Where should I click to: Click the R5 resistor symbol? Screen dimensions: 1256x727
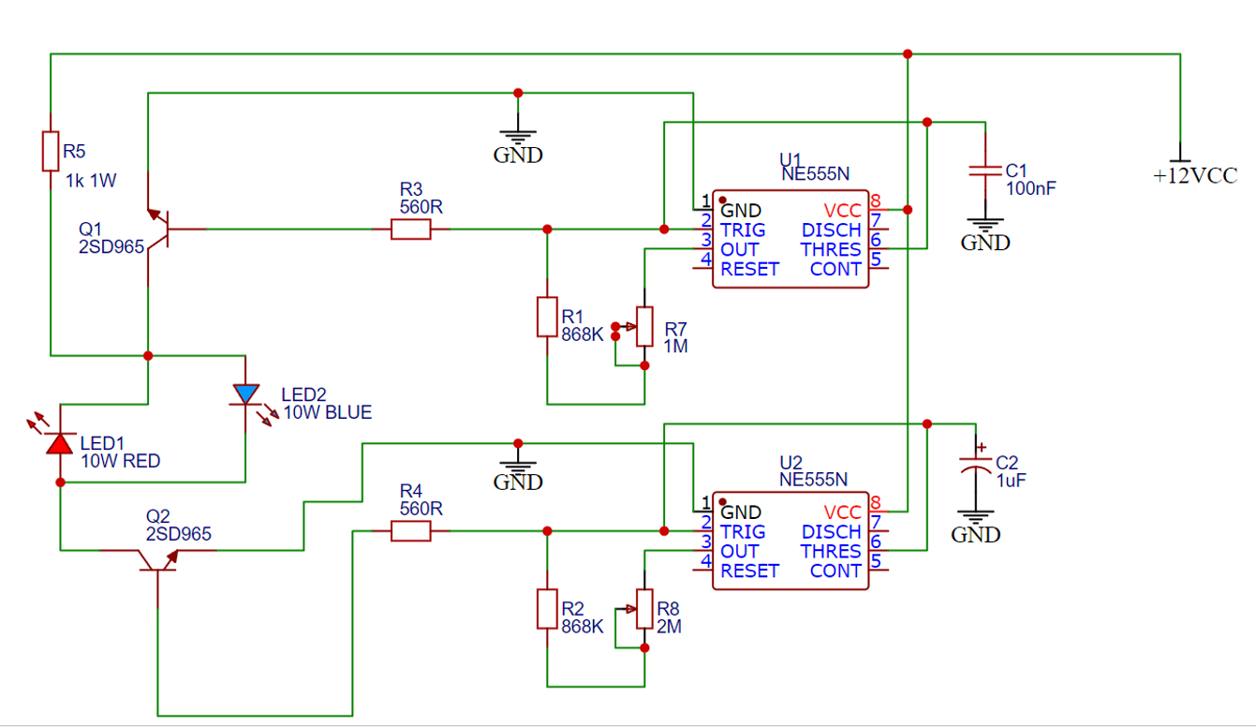51,151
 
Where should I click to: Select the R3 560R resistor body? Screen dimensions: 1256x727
410,230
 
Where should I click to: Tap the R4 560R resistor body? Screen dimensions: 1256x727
410,530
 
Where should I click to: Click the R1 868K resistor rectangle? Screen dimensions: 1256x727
547,317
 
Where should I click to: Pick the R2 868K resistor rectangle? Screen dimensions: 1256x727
547,609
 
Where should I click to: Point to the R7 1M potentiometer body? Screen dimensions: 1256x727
644,326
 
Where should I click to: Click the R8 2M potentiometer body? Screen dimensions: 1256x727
644,609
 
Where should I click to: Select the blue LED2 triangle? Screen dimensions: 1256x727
245,393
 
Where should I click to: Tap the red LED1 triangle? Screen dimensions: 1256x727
60,443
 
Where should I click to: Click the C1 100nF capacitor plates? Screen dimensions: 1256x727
985,171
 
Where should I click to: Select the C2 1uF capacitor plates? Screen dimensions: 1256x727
976,465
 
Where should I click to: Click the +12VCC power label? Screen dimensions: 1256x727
1195,176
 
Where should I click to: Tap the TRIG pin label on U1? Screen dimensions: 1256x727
743,230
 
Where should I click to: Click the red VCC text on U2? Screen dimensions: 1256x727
842,512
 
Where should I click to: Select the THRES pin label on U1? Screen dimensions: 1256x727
831,249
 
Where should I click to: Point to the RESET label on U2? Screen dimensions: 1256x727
749,571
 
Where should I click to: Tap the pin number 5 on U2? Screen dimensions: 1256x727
876,561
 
